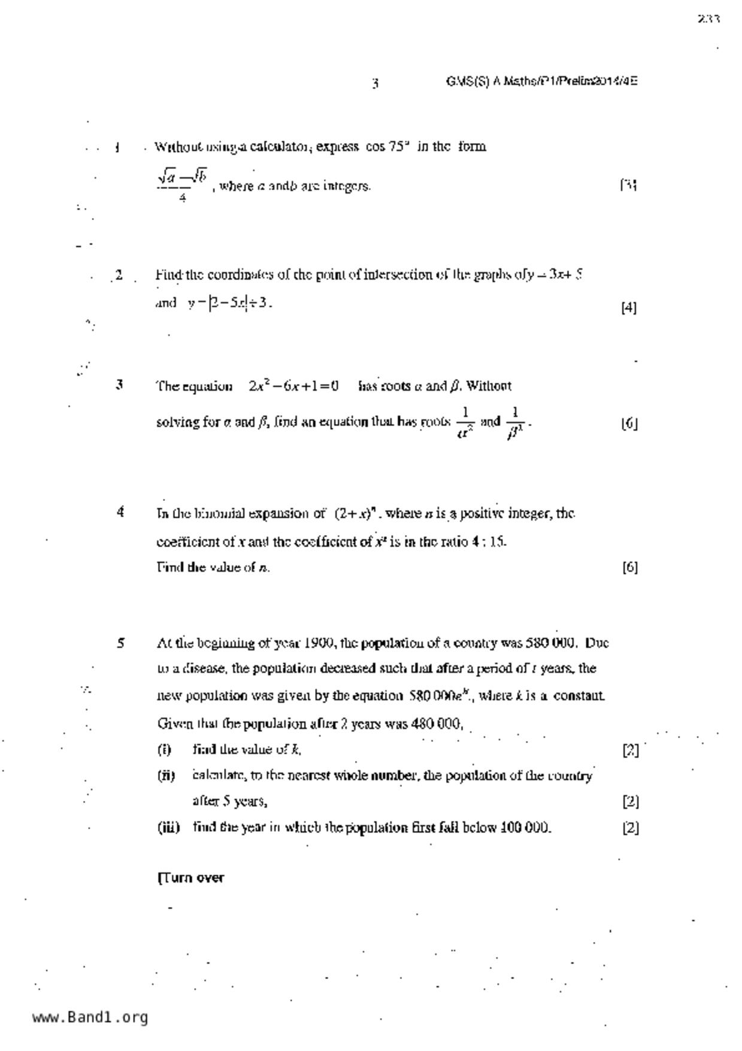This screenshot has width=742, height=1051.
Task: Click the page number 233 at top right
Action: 708,19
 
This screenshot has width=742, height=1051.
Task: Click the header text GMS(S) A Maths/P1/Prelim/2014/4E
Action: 541,81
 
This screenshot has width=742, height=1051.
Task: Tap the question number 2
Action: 119,275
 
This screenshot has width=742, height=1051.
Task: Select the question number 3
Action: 120,385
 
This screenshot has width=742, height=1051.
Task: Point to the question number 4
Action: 120,512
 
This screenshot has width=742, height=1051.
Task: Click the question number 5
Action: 120,644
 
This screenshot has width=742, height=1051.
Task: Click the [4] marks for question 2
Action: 629,308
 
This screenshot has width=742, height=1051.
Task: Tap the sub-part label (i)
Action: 164,750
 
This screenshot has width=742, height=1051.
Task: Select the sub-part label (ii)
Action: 166,776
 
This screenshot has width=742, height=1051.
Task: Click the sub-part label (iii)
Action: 168,827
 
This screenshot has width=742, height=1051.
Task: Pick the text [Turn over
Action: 190,878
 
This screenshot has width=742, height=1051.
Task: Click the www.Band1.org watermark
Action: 90,1017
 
